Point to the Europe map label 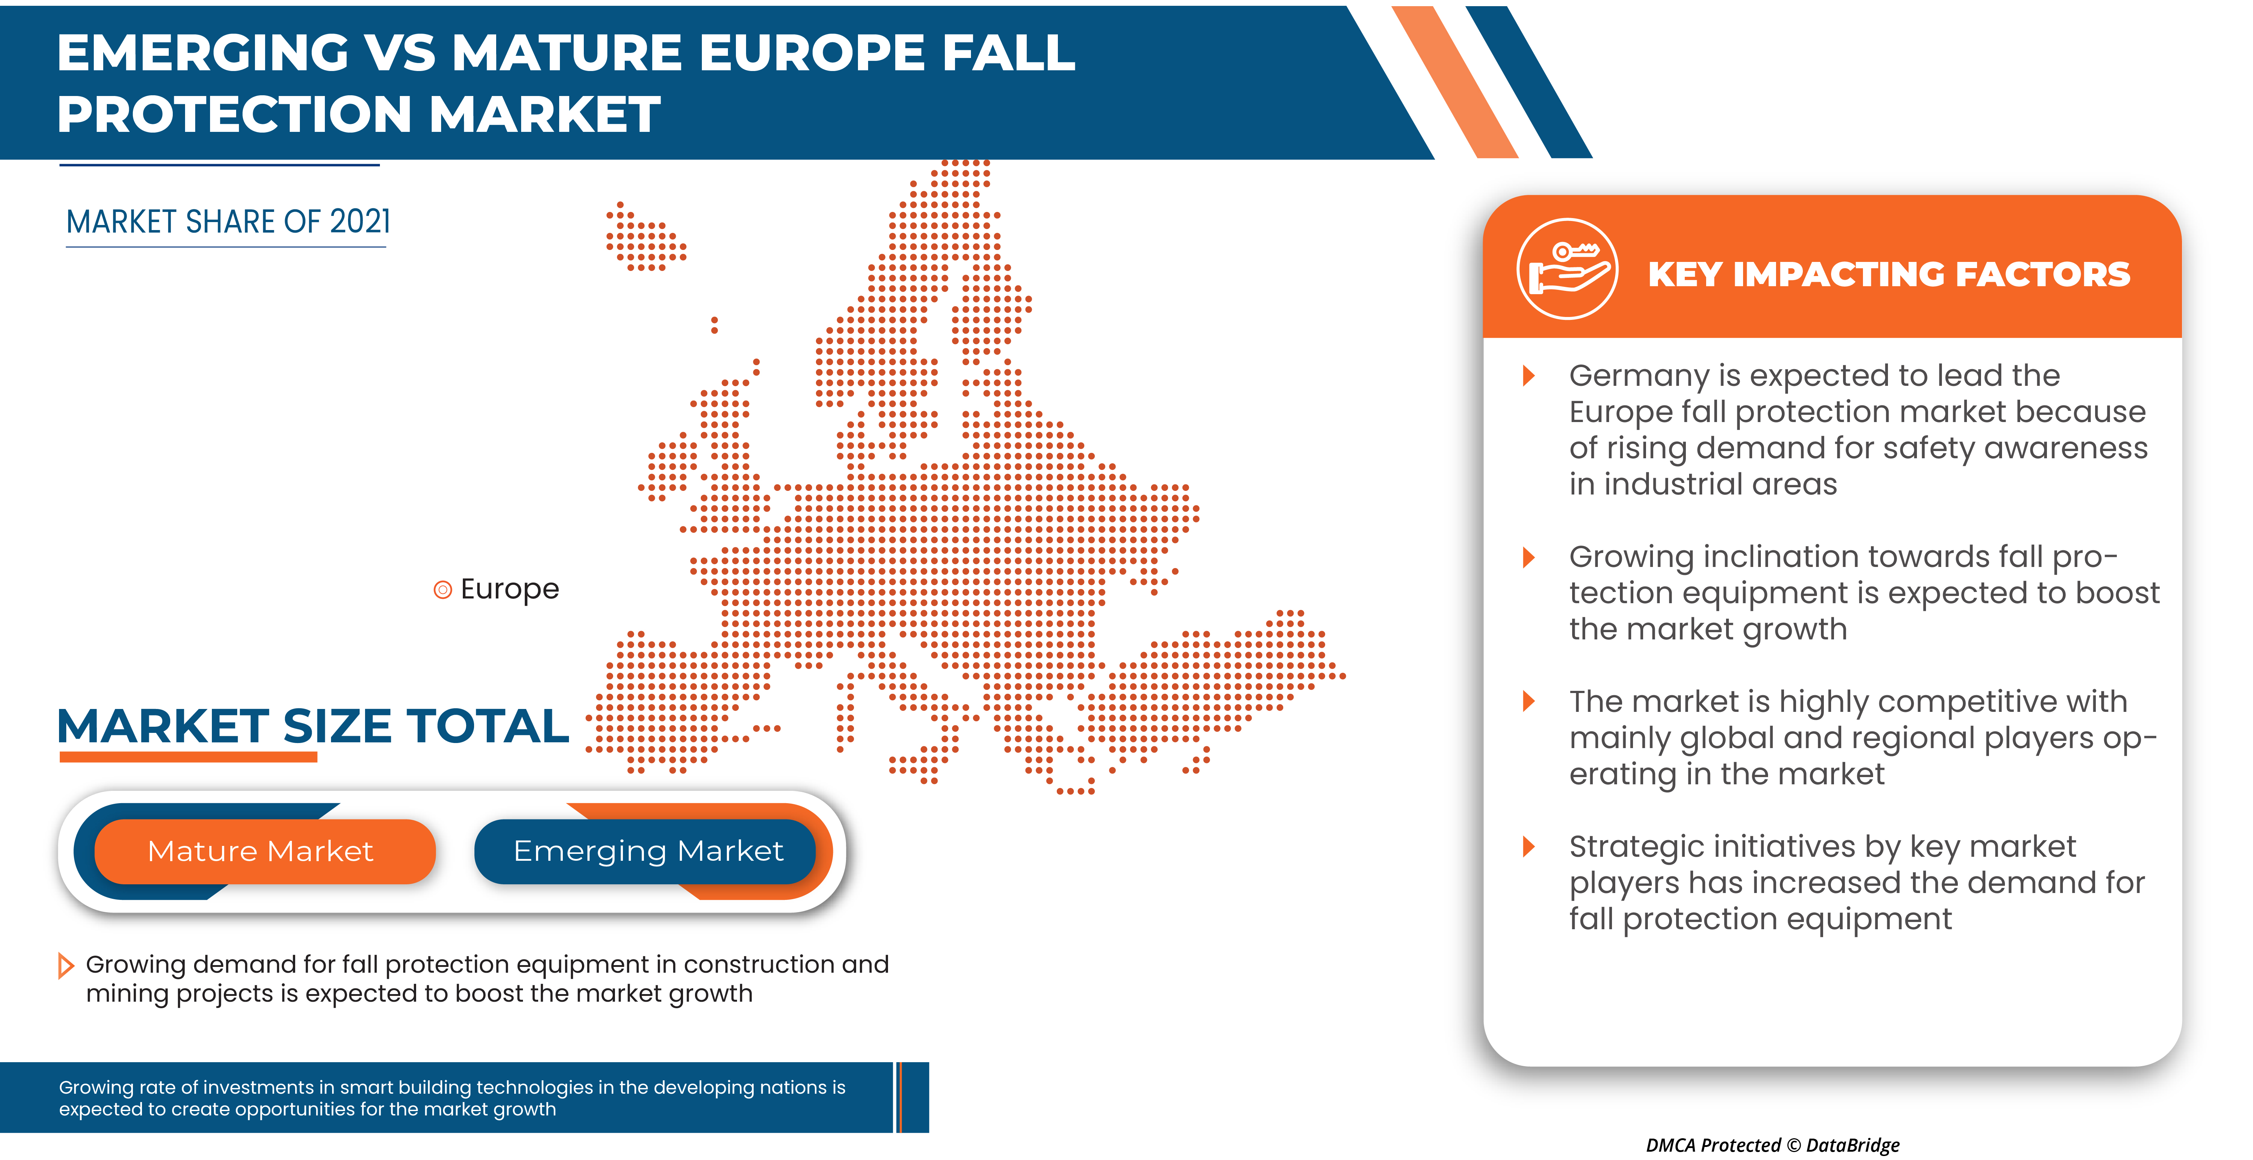click(x=509, y=590)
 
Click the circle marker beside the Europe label click(x=443, y=591)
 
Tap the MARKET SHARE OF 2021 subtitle click(x=228, y=222)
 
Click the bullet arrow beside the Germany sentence click(x=1529, y=376)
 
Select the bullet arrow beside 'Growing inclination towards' click(x=1529, y=557)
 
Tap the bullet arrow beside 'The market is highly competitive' click(x=1529, y=702)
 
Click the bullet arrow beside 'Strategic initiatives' click(x=1529, y=847)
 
